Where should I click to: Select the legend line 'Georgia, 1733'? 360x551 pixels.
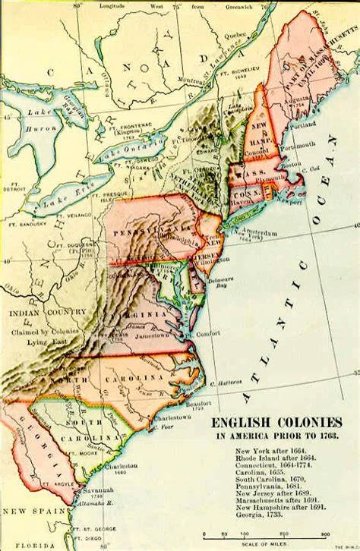254,514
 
